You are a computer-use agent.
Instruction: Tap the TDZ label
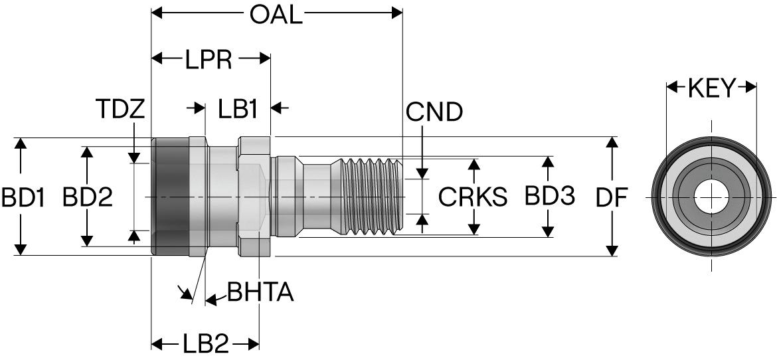pyautogui.click(x=120, y=110)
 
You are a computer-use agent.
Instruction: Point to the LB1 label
pyautogui.click(x=238, y=110)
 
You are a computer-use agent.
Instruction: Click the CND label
pyautogui.click(x=434, y=112)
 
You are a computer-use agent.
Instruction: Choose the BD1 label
pyautogui.click(x=23, y=197)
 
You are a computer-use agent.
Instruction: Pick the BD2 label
pyautogui.click(x=87, y=197)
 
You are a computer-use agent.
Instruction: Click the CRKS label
pyautogui.click(x=473, y=197)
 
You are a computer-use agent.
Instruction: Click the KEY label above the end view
pyautogui.click(x=712, y=88)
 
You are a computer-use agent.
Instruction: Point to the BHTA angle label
pyautogui.click(x=260, y=292)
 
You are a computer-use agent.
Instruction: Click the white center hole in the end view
pyautogui.click(x=711, y=197)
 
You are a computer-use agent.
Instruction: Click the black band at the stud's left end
pyautogui.click(x=170, y=197)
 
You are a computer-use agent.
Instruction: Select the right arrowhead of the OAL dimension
pyautogui.click(x=397, y=13)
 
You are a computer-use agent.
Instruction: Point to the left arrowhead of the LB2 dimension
pyautogui.click(x=158, y=344)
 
